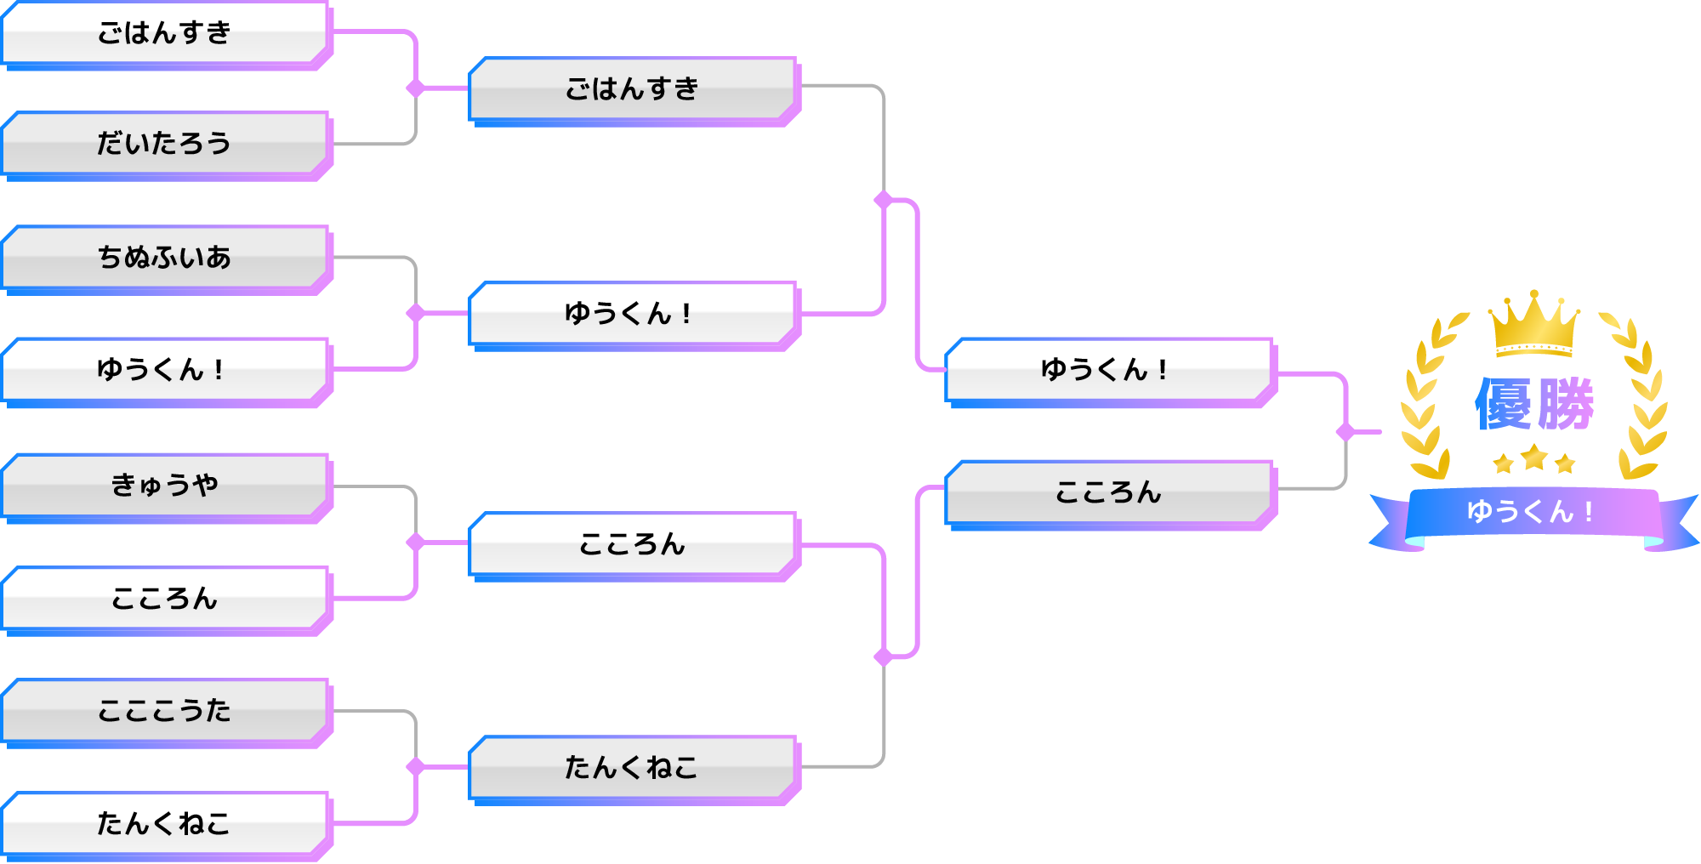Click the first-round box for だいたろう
(164, 143)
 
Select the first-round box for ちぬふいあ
(164, 257)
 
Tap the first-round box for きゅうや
(164, 485)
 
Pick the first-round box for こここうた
(164, 710)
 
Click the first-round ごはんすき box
(164, 32)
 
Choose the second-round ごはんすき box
(632, 88)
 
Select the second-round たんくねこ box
(632, 767)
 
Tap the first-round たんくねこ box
(164, 823)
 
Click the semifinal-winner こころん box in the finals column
(1108, 492)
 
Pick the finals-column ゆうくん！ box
(1108, 369)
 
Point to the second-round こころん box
(632, 543)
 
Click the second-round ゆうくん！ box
(632, 313)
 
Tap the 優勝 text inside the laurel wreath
(1533, 405)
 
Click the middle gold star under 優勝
(1534, 458)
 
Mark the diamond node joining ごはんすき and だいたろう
(415, 88)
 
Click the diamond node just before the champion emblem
(1345, 432)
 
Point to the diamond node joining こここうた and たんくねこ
(415, 767)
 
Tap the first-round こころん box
(164, 599)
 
